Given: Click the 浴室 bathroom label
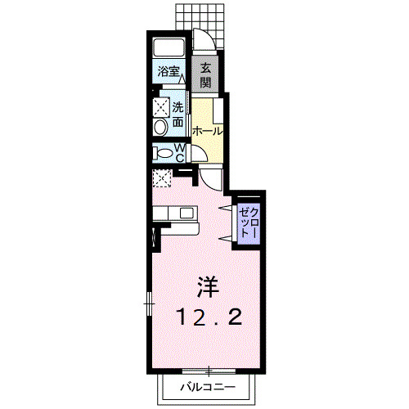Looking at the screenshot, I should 169,72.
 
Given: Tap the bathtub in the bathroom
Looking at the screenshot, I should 169,48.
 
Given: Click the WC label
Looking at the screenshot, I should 178,152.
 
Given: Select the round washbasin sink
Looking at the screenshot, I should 160,125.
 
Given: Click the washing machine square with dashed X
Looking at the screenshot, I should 159,106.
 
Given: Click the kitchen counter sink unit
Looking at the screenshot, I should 175,213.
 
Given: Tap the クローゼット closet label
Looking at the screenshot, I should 246,220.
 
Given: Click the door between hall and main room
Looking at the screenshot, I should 211,179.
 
